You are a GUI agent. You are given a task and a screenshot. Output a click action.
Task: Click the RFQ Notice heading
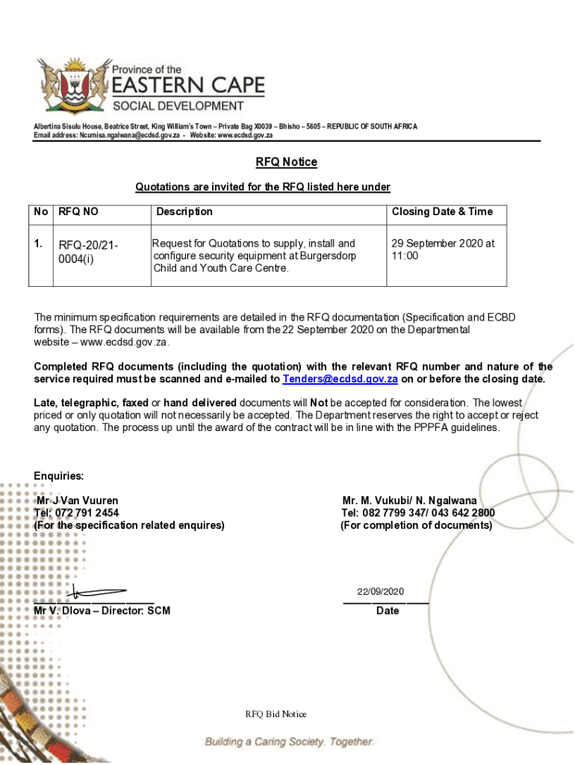pyautogui.click(x=287, y=162)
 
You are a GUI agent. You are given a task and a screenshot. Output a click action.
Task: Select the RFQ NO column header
pyautogui.click(x=79, y=212)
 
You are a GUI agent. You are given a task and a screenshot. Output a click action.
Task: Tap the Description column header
pyautogui.click(x=184, y=212)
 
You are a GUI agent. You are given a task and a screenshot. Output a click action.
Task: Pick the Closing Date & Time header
pyautogui.click(x=442, y=212)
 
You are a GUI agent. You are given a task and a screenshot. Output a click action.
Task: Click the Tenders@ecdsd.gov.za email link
pyautogui.click(x=340, y=380)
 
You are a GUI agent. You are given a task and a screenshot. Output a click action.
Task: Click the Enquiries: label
pyautogui.click(x=59, y=477)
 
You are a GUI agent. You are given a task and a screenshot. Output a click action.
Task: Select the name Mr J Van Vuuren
pyautogui.click(x=77, y=501)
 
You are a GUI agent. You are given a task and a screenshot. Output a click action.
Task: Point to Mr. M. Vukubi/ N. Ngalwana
pyautogui.click(x=409, y=501)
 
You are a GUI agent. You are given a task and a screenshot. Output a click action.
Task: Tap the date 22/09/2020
pyautogui.click(x=380, y=592)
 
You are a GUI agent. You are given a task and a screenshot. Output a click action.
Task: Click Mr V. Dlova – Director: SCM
pyautogui.click(x=102, y=611)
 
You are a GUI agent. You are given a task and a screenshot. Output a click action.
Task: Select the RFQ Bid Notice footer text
pyautogui.click(x=276, y=714)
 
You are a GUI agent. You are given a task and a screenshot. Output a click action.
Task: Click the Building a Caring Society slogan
pyautogui.click(x=290, y=742)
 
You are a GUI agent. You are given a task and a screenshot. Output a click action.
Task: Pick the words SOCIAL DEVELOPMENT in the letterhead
pyautogui.click(x=178, y=105)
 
